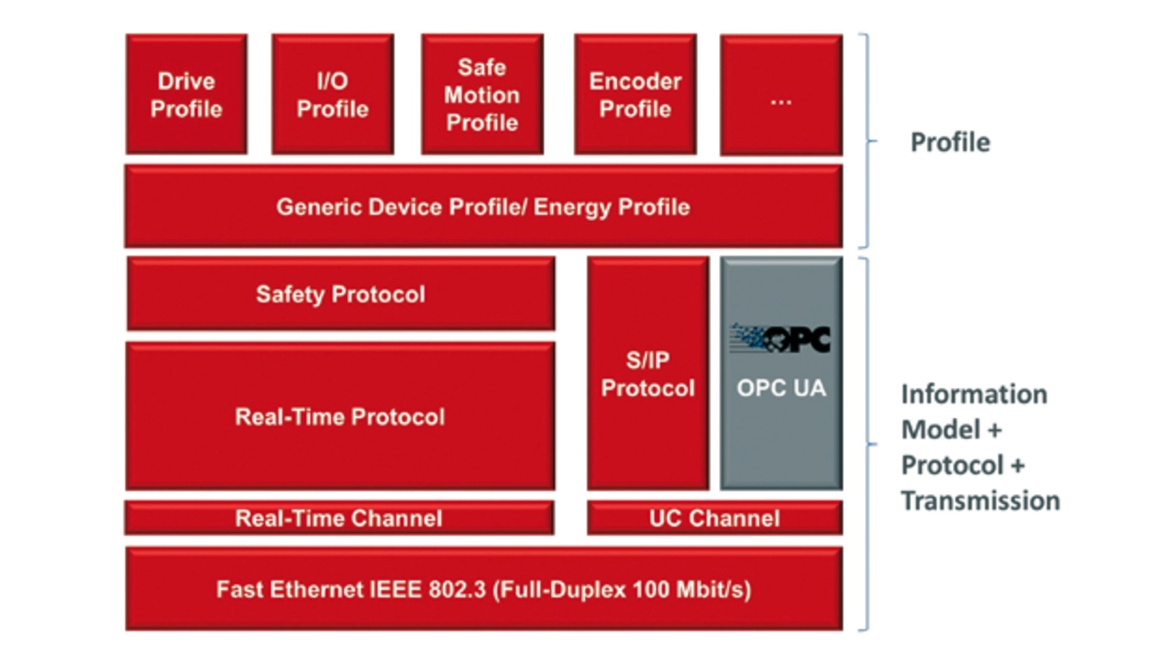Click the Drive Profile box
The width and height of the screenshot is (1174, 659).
click(186, 94)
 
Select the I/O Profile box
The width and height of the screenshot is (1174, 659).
click(333, 94)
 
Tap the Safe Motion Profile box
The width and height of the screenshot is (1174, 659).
click(482, 94)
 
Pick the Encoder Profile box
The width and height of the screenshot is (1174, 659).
click(636, 94)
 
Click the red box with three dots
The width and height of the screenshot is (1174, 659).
click(781, 94)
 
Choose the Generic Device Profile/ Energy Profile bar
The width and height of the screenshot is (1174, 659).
click(483, 206)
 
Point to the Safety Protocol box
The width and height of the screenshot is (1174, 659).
click(340, 294)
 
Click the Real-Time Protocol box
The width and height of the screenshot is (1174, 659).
click(340, 416)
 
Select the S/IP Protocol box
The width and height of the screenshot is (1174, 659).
click(648, 374)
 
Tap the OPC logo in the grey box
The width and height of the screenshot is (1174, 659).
click(781, 339)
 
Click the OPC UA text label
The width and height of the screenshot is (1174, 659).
click(781, 389)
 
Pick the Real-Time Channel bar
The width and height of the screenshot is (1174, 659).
click(339, 518)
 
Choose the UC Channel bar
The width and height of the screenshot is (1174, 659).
click(714, 518)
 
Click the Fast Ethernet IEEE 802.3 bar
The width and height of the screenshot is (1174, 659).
click(483, 588)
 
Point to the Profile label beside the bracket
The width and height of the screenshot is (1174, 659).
click(950, 142)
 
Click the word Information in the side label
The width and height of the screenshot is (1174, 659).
click(974, 394)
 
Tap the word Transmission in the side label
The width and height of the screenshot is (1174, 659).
click(980, 500)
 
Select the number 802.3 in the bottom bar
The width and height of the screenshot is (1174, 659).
click(458, 589)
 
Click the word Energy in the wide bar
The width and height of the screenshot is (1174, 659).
click(573, 208)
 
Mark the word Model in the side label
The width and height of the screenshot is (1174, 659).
click(941, 430)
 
